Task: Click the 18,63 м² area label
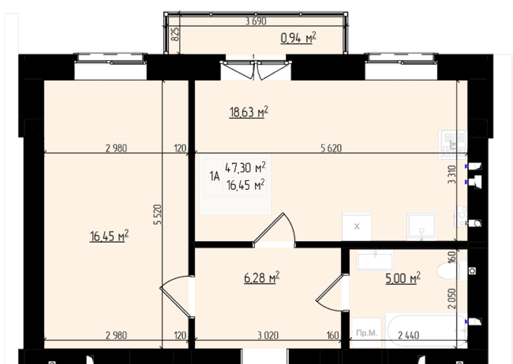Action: (249, 112)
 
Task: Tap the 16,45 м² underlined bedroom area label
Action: (109, 235)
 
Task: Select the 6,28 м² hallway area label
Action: (262, 278)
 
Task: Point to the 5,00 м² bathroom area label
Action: (403, 278)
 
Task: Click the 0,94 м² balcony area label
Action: (299, 38)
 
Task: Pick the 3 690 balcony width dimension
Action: (256, 21)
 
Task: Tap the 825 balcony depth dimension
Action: (175, 34)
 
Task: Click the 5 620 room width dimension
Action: (331, 148)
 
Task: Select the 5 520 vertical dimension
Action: (157, 214)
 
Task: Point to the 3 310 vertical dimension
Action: (451, 174)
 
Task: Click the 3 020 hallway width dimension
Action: (268, 335)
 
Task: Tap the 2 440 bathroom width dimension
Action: (409, 335)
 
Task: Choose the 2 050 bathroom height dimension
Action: (452, 298)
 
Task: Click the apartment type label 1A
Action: (214, 176)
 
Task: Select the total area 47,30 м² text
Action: (245, 168)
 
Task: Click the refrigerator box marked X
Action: (357, 227)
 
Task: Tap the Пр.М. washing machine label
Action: (367, 333)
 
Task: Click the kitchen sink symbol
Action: (421, 226)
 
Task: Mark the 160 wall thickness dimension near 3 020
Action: (332, 335)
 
